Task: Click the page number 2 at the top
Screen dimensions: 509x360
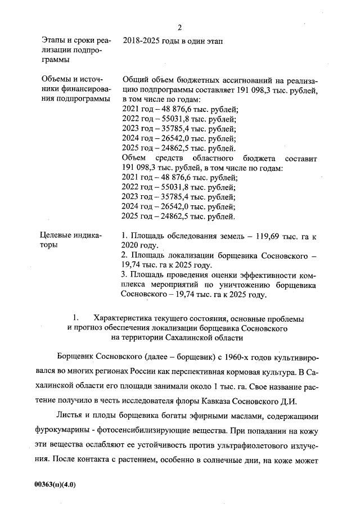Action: (x=179, y=27)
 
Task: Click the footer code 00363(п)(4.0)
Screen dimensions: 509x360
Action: (x=55, y=484)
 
